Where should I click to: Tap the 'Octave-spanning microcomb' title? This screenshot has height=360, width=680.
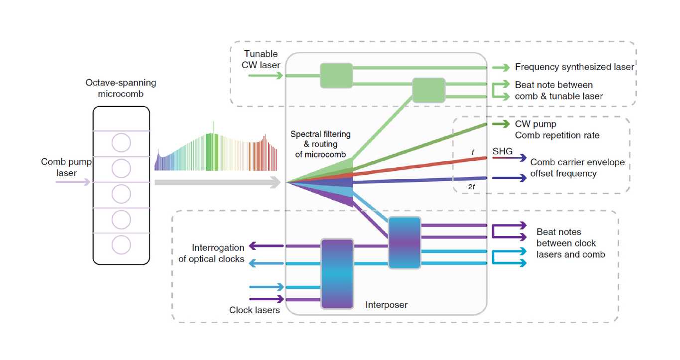[121, 88]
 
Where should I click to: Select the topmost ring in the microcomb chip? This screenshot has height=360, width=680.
[121, 143]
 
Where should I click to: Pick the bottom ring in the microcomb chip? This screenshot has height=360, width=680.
[121, 245]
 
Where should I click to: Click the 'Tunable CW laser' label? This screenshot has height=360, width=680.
[261, 59]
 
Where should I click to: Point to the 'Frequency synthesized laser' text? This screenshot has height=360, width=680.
[574, 67]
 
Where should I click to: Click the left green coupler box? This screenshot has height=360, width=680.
[336, 76]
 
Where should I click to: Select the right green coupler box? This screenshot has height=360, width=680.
[428, 91]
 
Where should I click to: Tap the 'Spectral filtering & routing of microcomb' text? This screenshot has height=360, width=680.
[321, 144]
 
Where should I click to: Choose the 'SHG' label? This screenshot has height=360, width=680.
[502, 151]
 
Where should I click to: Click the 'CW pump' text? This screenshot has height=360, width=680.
[536, 124]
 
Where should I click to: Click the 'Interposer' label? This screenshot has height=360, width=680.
[386, 304]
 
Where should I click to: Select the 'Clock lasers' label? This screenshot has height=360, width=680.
[255, 310]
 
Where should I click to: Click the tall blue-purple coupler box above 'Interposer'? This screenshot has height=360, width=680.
[337, 274]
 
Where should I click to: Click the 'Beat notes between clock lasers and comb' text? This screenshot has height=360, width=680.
[570, 243]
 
